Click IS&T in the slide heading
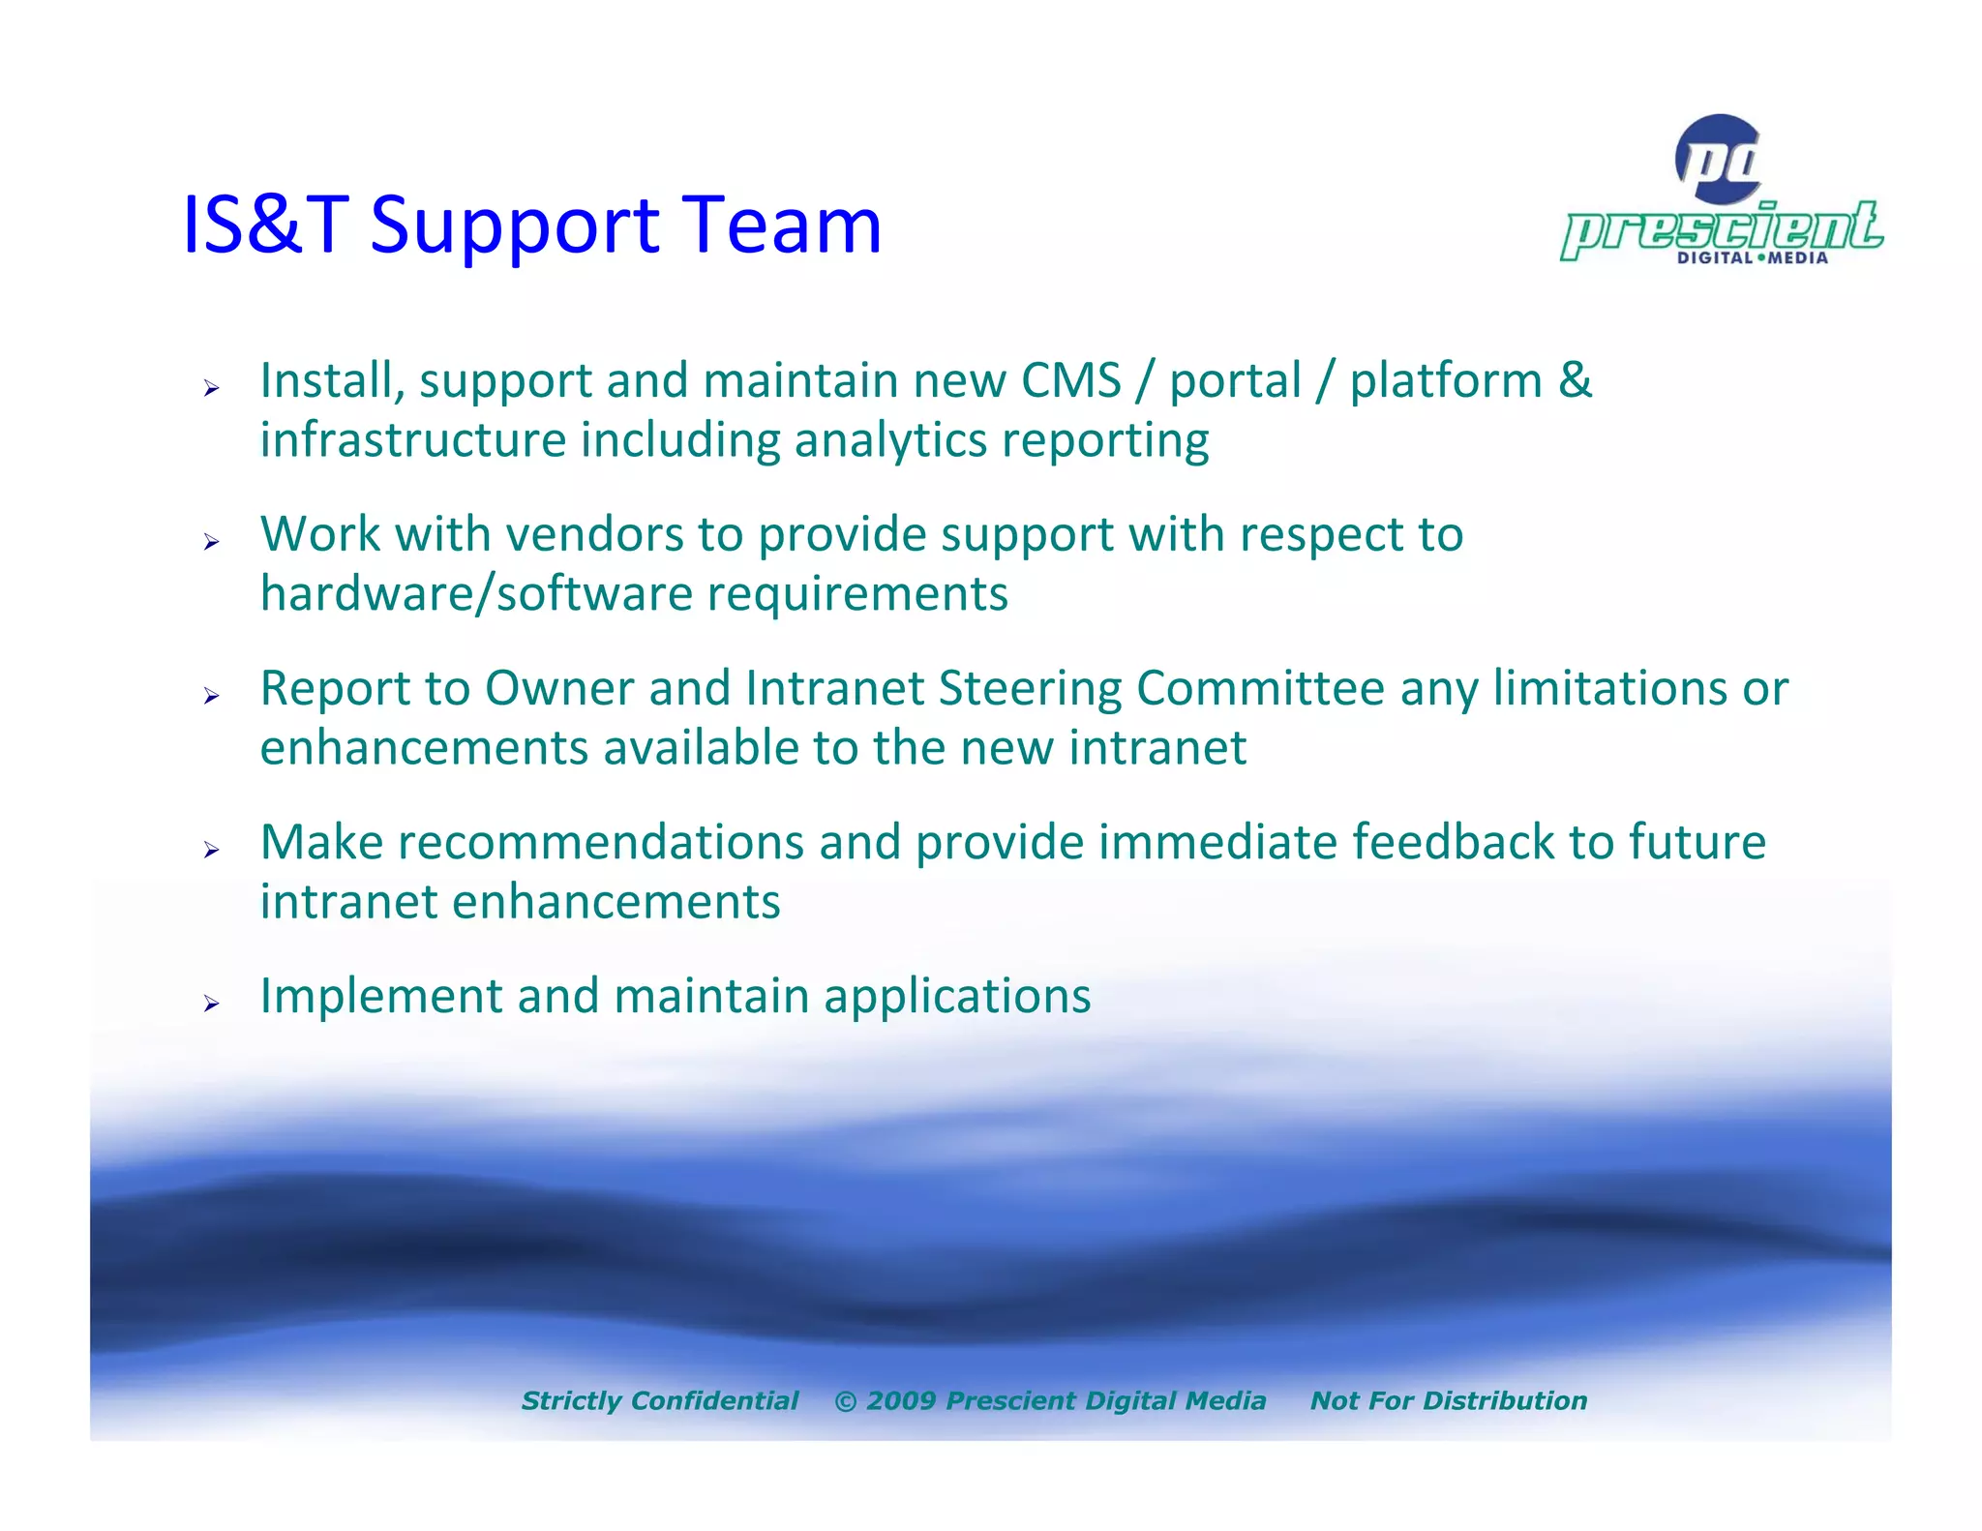point(264,225)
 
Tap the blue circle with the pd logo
point(1719,159)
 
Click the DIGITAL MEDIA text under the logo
point(1752,258)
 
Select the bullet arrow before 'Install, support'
point(212,389)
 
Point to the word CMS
point(1070,380)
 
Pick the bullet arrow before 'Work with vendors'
point(212,543)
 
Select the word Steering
point(1030,689)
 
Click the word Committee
point(1260,689)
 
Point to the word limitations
point(1609,689)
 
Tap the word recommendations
point(600,842)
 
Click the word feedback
point(1452,842)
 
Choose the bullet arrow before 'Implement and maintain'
point(212,1004)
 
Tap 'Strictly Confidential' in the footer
point(659,1400)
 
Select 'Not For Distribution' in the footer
point(1448,1400)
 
